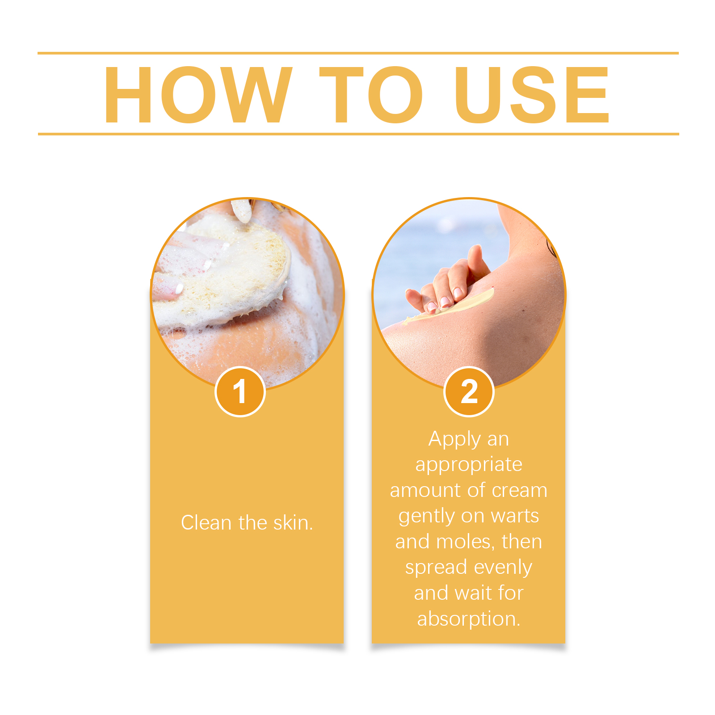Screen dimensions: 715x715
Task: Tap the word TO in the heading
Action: coord(371,94)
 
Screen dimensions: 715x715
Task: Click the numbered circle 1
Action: coord(240,391)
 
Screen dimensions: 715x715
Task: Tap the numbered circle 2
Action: coord(469,391)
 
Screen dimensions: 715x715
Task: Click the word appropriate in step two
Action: coord(469,465)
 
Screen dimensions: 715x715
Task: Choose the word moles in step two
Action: coord(465,542)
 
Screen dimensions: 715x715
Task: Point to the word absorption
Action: coord(469,619)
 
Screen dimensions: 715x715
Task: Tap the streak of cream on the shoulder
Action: coord(449,307)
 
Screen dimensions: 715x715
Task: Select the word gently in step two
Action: coord(426,517)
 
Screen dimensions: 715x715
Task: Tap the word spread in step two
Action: coord(436,568)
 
